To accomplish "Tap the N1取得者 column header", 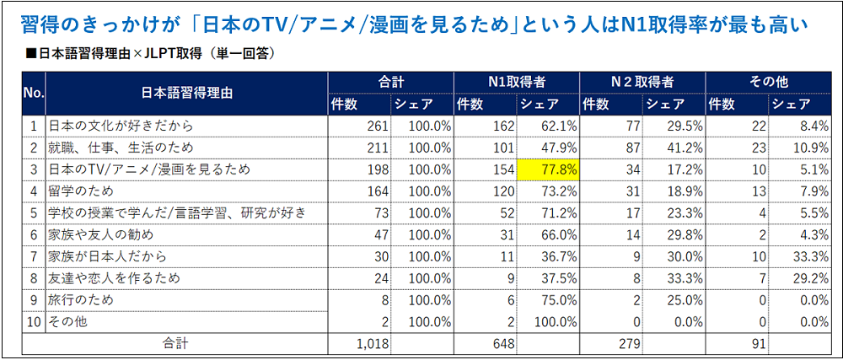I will pos(516,83).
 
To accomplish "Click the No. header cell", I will pos(33,93).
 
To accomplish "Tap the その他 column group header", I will pos(768,83).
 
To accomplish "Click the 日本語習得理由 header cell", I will pos(186,93).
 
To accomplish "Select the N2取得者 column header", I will pos(642,83).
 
